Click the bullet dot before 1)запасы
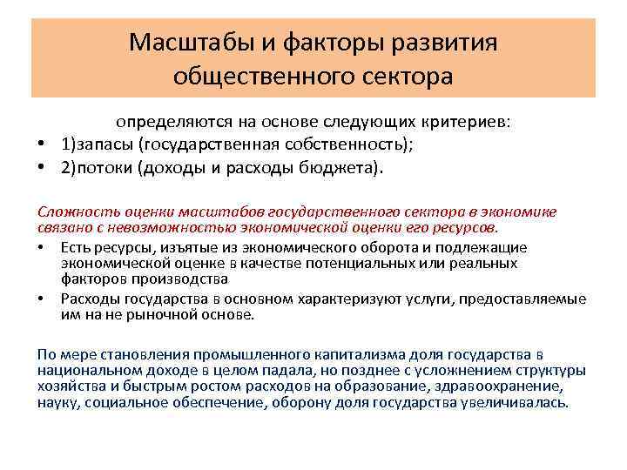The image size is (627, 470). click(41, 145)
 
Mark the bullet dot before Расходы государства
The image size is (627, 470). click(41, 299)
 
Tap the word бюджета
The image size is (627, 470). click(334, 167)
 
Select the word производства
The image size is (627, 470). click(184, 279)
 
